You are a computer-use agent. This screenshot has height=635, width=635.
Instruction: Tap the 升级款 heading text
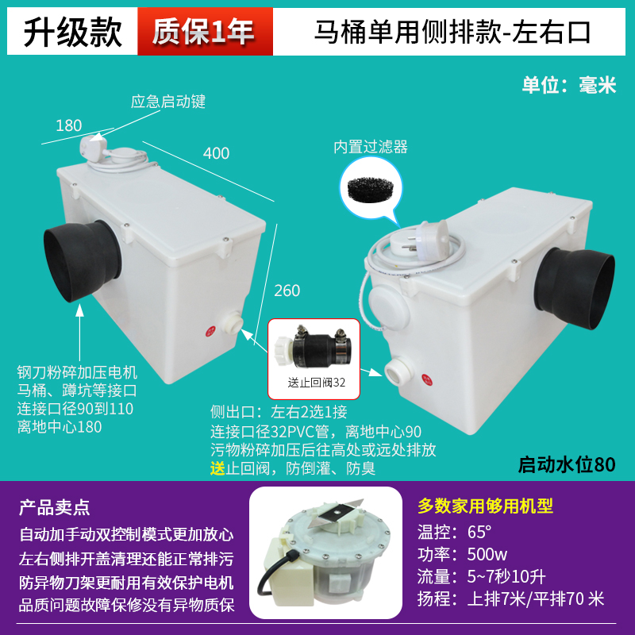72,31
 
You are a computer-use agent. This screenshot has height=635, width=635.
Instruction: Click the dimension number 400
216,153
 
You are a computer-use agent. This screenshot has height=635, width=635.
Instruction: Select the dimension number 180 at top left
69,125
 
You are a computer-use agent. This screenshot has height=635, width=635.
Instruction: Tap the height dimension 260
287,291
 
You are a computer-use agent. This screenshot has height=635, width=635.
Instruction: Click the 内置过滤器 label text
370,147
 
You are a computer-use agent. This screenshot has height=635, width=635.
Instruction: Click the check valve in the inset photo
313,347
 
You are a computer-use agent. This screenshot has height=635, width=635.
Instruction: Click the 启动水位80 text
566,464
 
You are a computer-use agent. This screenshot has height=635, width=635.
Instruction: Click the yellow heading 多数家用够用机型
485,506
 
